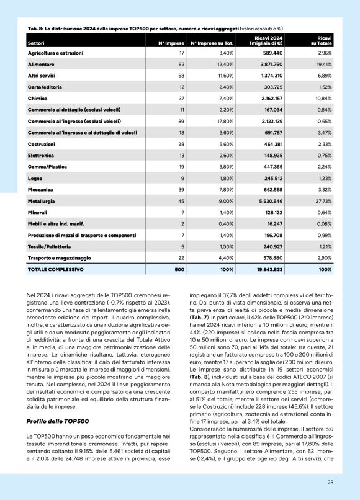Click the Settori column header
[36, 43]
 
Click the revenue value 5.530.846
[268, 202]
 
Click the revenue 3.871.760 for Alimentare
[268, 64]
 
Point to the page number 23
[330, 482]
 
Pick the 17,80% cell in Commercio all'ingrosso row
[223, 121]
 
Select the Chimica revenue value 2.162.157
[268, 98]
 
